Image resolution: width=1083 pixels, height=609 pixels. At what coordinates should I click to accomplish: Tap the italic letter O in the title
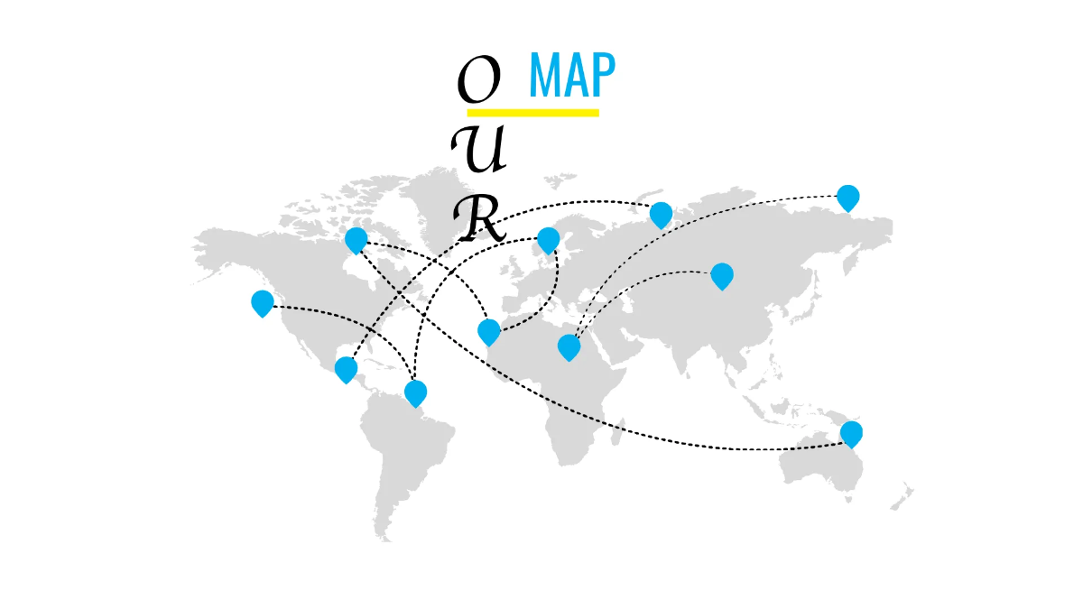coord(479,78)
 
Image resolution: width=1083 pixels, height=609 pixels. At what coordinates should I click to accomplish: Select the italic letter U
coord(478,149)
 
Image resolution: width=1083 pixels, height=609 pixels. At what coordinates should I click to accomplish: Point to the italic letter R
coord(479,218)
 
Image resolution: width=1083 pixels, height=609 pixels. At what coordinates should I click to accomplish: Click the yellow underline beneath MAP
coord(532,113)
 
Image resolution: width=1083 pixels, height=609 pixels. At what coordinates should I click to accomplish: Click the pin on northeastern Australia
coord(851,435)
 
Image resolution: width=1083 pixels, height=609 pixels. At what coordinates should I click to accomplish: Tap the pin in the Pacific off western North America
coord(263,304)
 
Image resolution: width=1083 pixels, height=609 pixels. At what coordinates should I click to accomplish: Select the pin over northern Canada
coord(356,241)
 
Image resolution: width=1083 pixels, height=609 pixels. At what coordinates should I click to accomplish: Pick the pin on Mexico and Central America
coord(347,370)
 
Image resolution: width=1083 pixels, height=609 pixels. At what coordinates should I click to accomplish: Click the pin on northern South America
coord(416,394)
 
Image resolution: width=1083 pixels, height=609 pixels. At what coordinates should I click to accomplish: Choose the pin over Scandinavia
coord(549,241)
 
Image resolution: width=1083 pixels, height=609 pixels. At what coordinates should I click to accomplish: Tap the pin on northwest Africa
coord(489,333)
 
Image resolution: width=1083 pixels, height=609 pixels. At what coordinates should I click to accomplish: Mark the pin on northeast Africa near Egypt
coord(569,347)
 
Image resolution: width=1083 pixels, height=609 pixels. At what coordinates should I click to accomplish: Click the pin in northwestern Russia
coord(661,216)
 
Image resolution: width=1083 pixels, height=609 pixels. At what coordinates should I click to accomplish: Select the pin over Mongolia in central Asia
coord(722,276)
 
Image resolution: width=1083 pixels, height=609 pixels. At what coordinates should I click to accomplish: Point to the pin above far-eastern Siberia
coord(848,198)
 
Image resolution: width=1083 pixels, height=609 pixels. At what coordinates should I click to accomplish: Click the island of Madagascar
coord(617,431)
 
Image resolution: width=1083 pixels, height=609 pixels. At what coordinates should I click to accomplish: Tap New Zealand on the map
coord(902,498)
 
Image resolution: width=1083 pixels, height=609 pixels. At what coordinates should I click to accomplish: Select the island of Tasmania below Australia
coord(848,499)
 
